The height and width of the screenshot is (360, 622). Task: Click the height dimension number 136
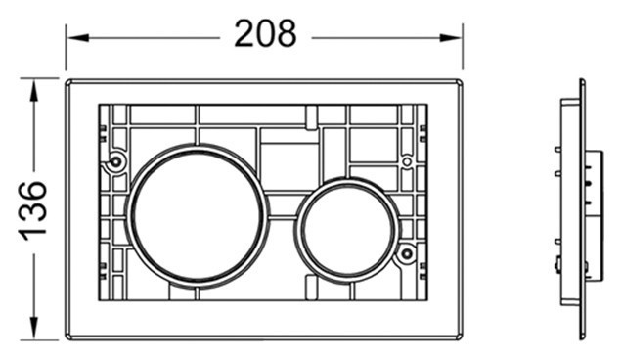point(32,208)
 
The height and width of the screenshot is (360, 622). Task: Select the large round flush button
point(198,214)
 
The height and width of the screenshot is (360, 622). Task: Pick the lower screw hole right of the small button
point(406,253)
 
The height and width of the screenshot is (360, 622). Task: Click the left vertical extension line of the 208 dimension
point(66,49)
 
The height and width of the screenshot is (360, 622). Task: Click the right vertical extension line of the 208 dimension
point(463,49)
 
